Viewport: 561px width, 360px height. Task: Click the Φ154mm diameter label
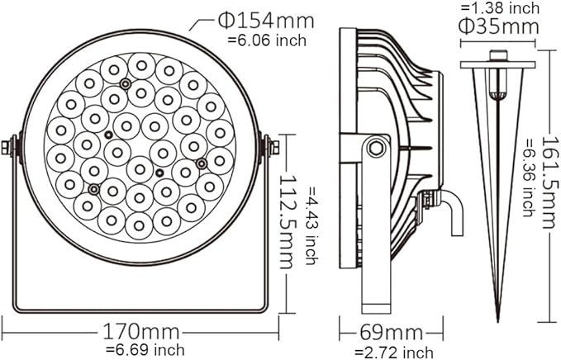coord(266,21)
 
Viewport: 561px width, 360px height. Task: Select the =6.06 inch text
coord(267,40)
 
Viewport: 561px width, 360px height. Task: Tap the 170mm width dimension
coord(140,332)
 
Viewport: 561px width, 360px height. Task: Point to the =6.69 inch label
coord(145,349)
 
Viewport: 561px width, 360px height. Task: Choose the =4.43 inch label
coord(311,225)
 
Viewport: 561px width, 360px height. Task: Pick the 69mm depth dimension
coord(391,332)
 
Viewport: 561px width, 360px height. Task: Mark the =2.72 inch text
coord(393,351)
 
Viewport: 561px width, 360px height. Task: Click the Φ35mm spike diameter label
coord(499,26)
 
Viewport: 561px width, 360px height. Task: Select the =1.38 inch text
coord(500,8)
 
